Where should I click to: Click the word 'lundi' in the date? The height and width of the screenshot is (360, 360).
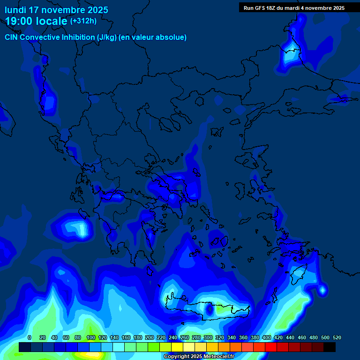pos(15,10)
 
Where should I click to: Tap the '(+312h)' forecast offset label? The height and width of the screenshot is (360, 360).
pos(83,21)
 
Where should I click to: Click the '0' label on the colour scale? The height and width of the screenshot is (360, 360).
pos(30,337)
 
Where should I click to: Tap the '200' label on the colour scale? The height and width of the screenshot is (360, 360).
pos(150,337)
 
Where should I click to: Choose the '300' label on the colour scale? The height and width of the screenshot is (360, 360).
pos(208,337)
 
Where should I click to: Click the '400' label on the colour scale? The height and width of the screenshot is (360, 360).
pos(267,337)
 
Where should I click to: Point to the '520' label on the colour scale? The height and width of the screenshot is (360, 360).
pos(337,337)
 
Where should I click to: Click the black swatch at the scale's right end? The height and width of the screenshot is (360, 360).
pos(330,347)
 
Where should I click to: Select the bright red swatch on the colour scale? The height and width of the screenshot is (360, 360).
pos(271,347)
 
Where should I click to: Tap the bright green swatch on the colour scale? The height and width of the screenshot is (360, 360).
pos(154,347)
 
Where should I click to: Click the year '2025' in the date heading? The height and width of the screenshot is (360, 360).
pos(95,10)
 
